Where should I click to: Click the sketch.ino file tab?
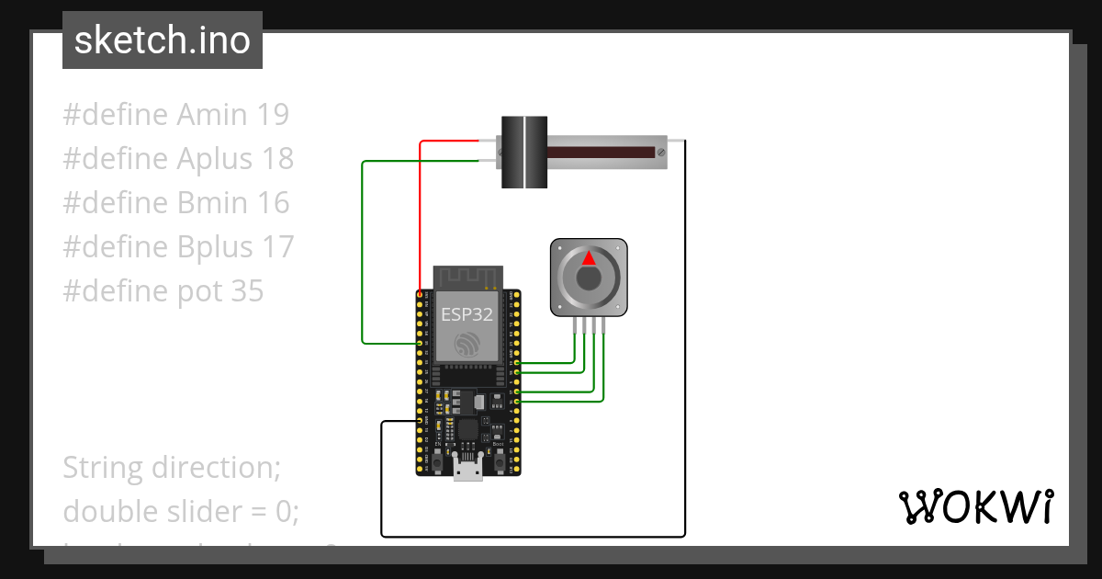point(162,40)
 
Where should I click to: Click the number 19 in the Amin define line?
point(273,115)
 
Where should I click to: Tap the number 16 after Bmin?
point(273,203)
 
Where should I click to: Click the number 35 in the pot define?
point(247,291)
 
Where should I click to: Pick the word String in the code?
point(104,468)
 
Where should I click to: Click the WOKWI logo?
point(974,507)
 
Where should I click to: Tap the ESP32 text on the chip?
point(467,313)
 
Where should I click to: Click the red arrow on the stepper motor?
point(589,258)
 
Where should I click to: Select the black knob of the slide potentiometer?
point(524,152)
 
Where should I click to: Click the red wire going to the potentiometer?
point(421,211)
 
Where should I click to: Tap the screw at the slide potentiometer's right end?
point(660,151)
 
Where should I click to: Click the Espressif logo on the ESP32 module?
point(467,344)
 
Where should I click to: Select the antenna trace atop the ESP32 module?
point(467,277)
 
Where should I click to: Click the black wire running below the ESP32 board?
point(533,536)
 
